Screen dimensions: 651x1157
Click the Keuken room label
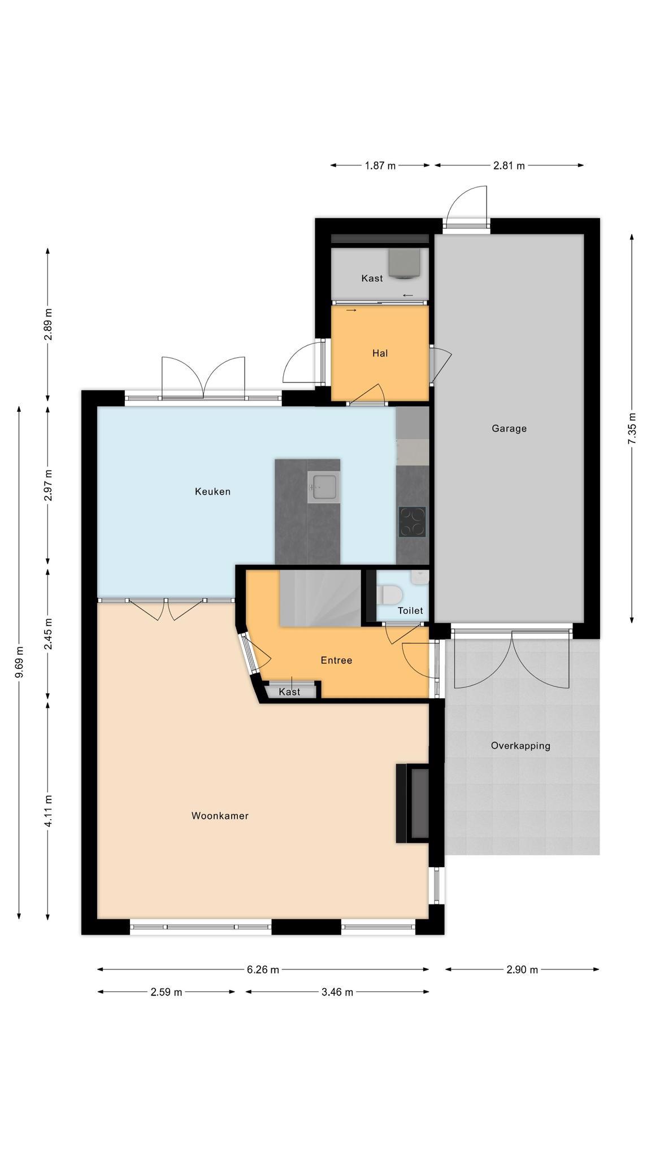[212, 491]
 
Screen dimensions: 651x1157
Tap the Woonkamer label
[220, 816]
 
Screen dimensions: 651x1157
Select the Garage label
[509, 429]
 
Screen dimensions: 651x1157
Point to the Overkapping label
[520, 746]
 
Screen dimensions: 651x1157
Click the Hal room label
[380, 353]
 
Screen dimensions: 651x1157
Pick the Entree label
[336, 660]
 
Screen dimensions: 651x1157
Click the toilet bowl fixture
[389, 594]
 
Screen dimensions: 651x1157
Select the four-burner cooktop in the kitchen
[413, 521]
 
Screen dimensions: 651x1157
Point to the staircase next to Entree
[320, 598]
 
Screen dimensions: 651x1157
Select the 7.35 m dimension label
[632, 429]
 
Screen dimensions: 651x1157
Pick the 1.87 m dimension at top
[380, 166]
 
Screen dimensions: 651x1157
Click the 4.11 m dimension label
[49, 811]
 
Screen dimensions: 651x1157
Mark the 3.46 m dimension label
[337, 993]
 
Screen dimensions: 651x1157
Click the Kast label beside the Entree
[289, 692]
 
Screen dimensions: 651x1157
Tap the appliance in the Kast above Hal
[405, 264]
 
